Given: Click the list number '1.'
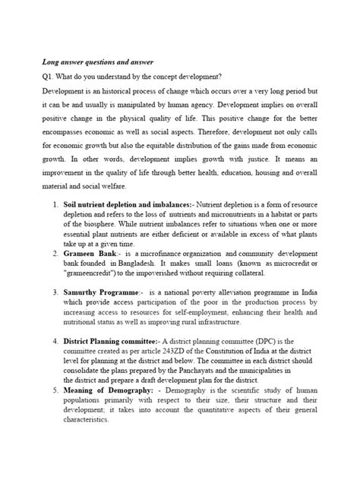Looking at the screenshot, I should [55, 206].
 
